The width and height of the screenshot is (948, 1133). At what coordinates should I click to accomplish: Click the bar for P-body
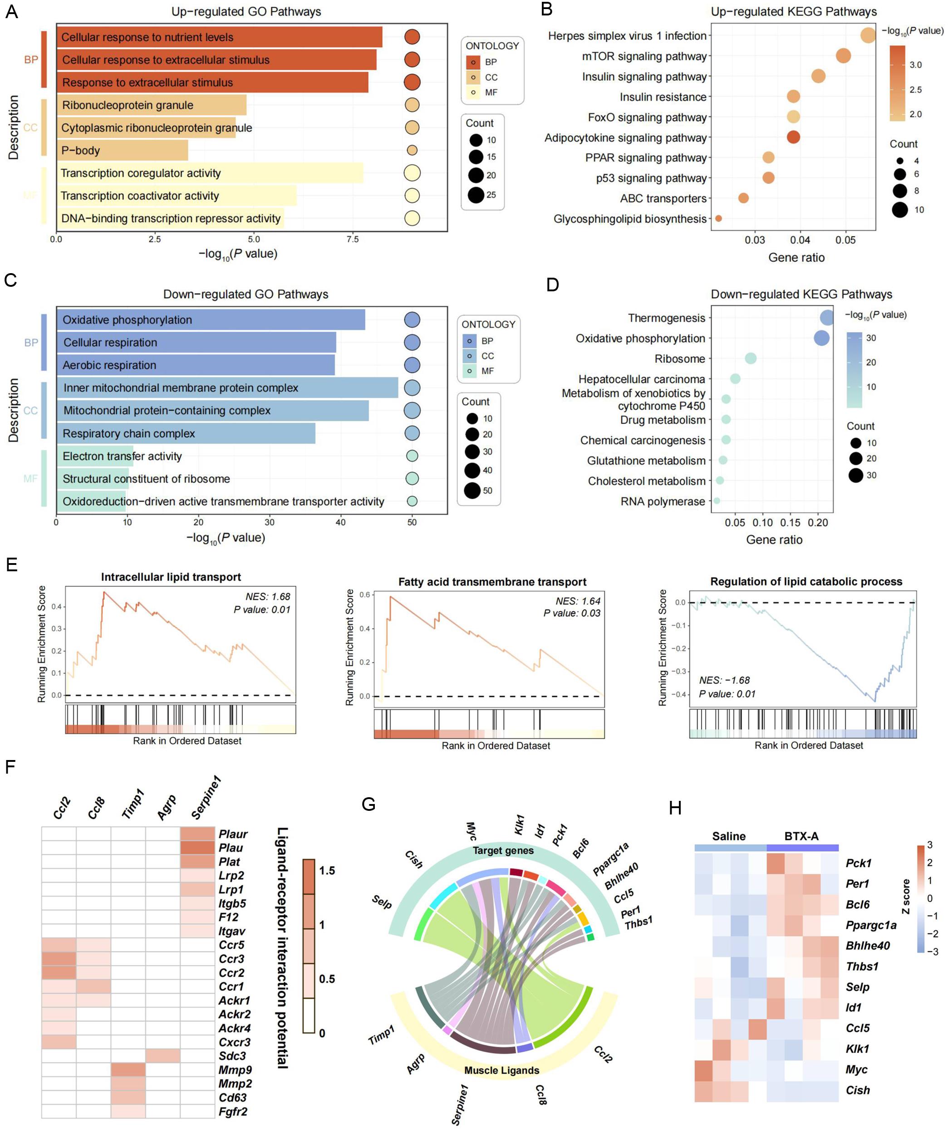pos(122,151)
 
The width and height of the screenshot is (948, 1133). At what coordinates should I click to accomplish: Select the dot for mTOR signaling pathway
pos(843,55)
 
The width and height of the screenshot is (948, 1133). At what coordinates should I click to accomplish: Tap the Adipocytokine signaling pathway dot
pos(793,137)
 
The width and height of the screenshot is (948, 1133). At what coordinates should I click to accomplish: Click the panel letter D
pos(552,284)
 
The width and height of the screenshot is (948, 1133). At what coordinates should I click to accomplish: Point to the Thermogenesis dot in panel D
pos(826,318)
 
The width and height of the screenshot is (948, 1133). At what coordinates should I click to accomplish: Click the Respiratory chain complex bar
pos(186,433)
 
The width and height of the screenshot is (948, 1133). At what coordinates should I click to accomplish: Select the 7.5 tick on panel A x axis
pos(352,239)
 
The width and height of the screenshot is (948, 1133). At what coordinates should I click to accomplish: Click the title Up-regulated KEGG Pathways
pos(794,11)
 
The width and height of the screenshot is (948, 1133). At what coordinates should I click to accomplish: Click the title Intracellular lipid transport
pos(171,577)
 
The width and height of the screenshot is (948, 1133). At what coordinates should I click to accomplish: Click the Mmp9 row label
pos(235,1070)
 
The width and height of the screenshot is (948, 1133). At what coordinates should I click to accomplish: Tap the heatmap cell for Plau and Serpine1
pos(197,848)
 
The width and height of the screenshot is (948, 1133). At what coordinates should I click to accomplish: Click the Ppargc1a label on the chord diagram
pos(611,859)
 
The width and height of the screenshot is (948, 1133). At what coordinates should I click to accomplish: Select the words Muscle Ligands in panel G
pos(501,1070)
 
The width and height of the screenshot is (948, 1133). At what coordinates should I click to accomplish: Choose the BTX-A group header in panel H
pos(801,836)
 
